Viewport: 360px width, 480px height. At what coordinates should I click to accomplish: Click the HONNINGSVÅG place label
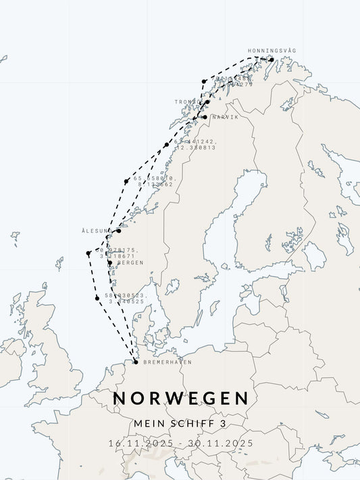tap(272, 51)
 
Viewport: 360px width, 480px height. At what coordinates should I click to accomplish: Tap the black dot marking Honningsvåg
tap(271, 59)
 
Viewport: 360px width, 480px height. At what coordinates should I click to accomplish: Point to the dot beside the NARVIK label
tap(205, 117)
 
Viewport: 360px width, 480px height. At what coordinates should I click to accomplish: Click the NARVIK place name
tap(225, 117)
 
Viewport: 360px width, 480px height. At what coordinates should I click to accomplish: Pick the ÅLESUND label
tap(97, 231)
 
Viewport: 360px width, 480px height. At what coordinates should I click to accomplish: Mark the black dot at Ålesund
tap(118, 231)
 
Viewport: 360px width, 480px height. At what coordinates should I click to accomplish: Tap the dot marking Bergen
tap(109, 263)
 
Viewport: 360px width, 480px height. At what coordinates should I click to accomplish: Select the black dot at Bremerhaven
tap(136, 362)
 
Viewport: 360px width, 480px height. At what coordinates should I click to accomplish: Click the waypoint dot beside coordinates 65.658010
tap(126, 181)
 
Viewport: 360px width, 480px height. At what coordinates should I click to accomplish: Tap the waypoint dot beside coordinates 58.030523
tap(97, 298)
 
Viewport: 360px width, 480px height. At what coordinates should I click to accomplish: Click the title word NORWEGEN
tap(181, 398)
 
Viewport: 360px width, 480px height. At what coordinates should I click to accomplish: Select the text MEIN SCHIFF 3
tap(180, 423)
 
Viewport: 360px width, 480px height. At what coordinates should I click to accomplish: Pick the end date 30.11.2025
tap(222, 443)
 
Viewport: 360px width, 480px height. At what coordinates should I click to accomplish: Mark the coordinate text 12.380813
tap(195, 147)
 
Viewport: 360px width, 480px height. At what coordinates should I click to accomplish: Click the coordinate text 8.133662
tap(155, 184)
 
